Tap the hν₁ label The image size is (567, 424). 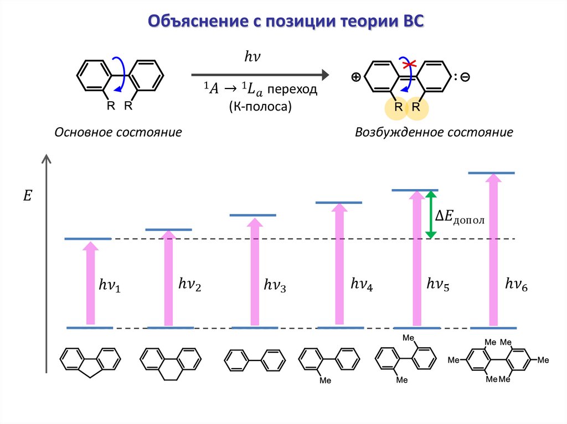click(109, 285)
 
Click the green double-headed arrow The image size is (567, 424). click(431, 214)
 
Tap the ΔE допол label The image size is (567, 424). click(460, 218)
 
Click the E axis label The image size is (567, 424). click(28, 195)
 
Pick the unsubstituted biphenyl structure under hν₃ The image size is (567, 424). click(254, 362)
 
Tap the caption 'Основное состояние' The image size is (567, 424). click(118, 133)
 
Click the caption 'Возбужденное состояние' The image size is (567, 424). click(434, 133)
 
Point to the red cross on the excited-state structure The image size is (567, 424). click(408, 66)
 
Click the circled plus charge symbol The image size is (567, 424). click(355, 78)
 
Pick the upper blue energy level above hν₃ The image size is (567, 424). click(252, 214)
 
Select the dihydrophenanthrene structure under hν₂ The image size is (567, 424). click(170, 363)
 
